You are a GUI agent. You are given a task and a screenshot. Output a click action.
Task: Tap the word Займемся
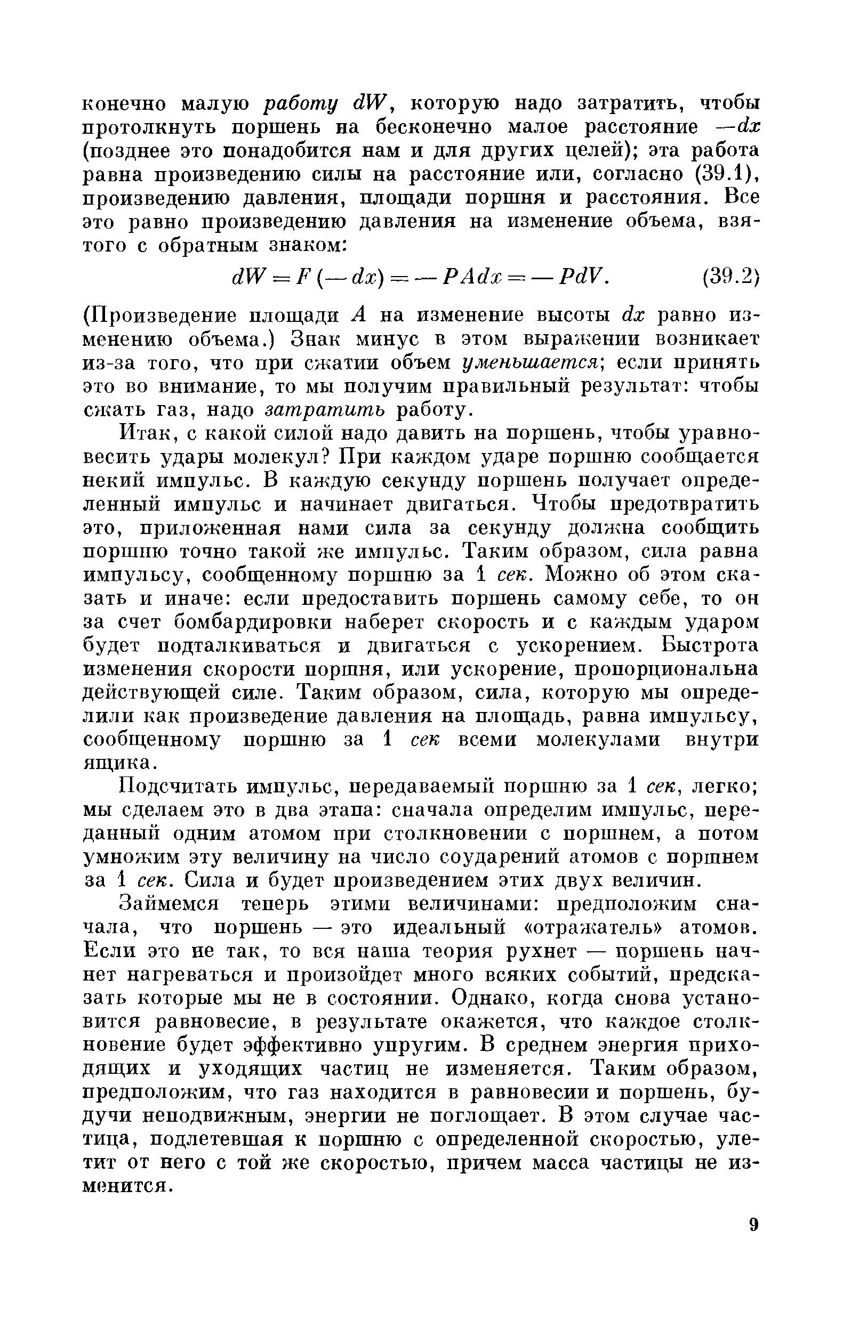click(170, 904)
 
